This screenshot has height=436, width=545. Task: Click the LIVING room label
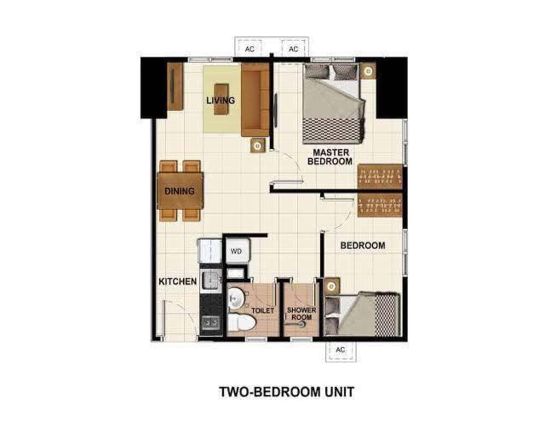[220, 100]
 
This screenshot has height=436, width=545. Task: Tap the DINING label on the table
[179, 191]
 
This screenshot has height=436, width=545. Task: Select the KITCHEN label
[178, 281]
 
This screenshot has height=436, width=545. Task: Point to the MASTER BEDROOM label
[330, 157]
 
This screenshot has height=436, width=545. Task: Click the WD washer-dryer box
[237, 251]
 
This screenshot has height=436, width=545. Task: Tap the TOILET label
[263, 311]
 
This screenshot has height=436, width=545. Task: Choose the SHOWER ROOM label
[301, 313]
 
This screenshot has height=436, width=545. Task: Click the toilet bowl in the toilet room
[243, 322]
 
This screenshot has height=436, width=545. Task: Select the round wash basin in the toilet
[236, 298]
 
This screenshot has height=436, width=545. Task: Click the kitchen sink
[210, 280]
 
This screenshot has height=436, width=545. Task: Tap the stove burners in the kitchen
[210, 323]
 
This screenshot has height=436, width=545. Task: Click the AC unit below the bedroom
[340, 350]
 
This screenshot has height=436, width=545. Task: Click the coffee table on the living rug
[221, 99]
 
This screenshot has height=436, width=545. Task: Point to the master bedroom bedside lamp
[368, 71]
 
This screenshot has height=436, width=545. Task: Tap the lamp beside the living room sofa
[258, 146]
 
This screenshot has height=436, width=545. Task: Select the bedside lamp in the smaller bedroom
[332, 287]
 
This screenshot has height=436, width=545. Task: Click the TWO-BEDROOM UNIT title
[287, 392]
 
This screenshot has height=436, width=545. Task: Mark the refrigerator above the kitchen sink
[209, 251]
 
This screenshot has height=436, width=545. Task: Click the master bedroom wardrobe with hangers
[380, 176]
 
